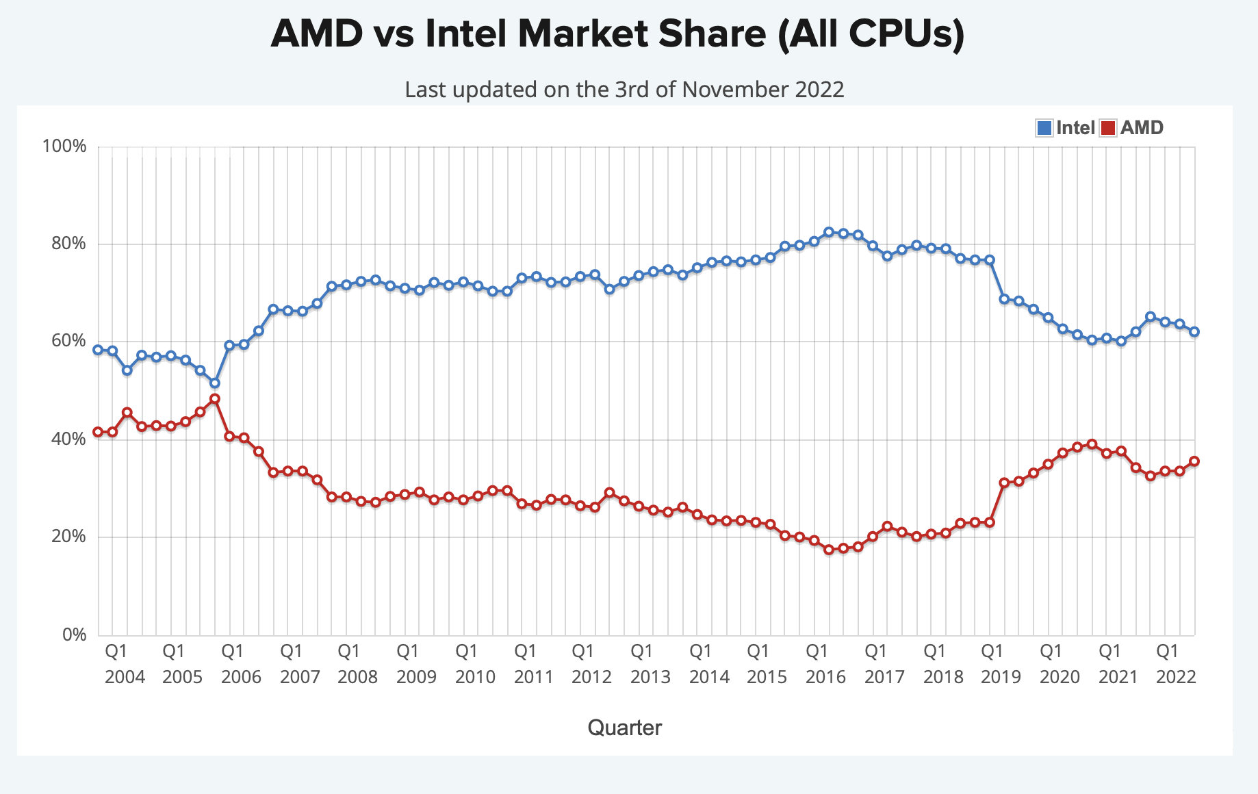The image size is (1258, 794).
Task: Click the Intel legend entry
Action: point(1066,128)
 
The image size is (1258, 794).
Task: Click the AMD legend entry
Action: point(1132,128)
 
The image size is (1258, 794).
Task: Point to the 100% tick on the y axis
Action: point(64,146)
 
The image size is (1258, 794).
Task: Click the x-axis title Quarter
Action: point(625,728)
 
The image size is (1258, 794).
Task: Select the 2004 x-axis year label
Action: point(125,677)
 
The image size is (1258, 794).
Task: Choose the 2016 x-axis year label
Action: point(825,677)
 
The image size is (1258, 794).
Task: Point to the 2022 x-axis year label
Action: point(1176,677)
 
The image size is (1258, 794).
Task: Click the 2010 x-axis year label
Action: point(475,677)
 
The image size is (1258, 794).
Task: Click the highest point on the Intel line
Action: point(829,232)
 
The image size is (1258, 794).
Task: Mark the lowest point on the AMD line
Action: point(829,549)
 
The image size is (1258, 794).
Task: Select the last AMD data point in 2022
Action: point(1194,461)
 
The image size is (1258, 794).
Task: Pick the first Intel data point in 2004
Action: point(98,350)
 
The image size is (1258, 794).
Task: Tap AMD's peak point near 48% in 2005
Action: point(215,398)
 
